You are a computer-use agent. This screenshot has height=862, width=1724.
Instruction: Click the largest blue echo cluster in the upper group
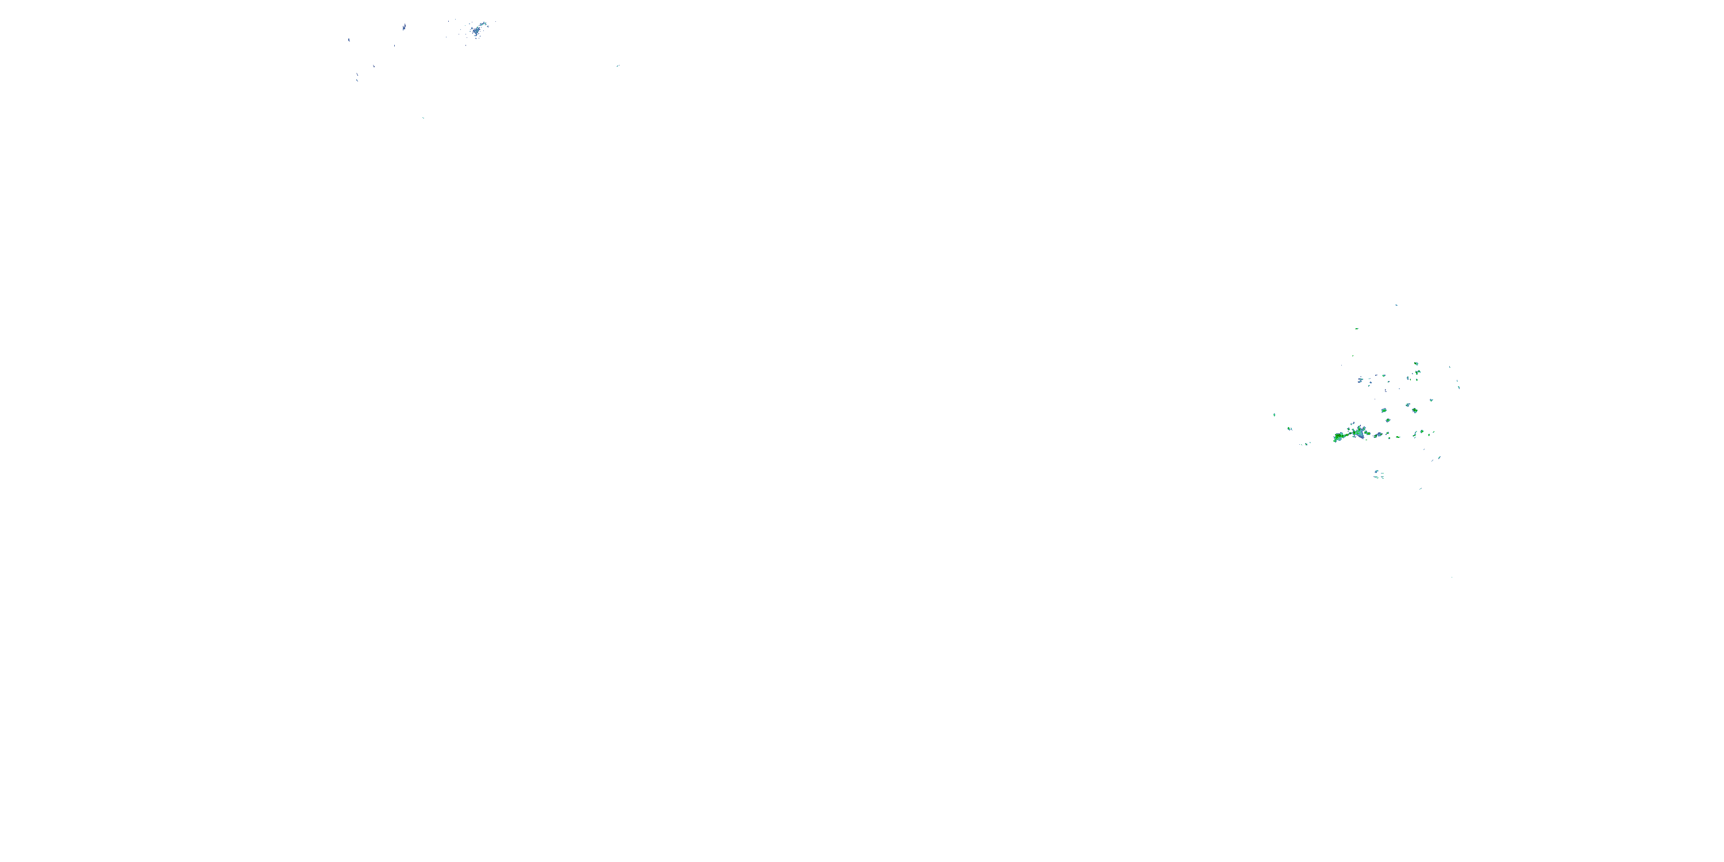click(x=476, y=30)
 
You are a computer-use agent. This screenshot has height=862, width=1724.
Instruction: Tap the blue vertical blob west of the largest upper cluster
click(x=403, y=28)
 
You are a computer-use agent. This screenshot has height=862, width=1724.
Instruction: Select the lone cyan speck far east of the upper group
click(x=618, y=66)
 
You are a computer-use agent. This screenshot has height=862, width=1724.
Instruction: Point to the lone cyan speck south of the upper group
click(x=423, y=118)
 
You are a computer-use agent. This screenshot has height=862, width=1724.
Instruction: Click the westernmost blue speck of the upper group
click(x=349, y=40)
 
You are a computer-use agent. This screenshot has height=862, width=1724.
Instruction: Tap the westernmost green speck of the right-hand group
click(x=1274, y=415)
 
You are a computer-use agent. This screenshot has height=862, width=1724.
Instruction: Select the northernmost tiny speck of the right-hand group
click(x=1396, y=305)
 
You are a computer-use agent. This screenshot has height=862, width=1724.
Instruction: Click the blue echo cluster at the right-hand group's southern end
click(x=1379, y=475)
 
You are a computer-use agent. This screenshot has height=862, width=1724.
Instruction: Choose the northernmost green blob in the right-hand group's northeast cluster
click(x=1417, y=364)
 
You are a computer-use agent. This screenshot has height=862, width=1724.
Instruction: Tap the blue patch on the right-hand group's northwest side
click(x=1360, y=380)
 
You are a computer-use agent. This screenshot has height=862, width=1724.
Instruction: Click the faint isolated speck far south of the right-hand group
click(x=1452, y=577)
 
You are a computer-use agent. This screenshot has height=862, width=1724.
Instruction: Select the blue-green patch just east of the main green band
click(x=1378, y=435)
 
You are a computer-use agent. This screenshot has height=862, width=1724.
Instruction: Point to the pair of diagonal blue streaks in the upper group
click(x=357, y=76)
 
